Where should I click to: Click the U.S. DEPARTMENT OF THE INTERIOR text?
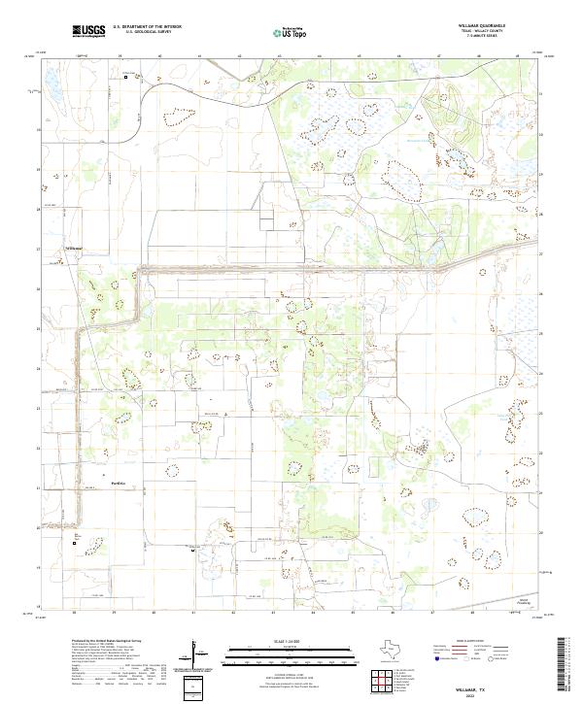[148, 27]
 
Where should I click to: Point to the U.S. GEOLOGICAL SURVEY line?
[148, 32]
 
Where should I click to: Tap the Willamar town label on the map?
[75, 248]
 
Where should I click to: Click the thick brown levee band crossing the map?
[291, 268]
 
